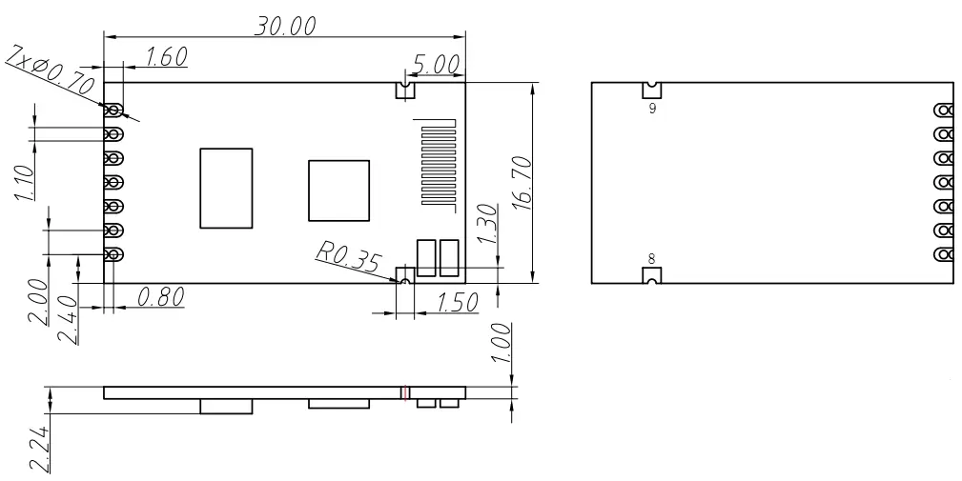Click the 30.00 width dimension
[x=284, y=26]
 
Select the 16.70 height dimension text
[x=521, y=184]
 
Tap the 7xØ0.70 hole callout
[x=51, y=73]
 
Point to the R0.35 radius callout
[x=347, y=257]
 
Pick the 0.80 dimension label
[x=160, y=297]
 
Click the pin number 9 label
[x=651, y=109]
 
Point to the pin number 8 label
[x=651, y=257]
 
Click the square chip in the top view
[x=338, y=190]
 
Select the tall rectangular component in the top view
[x=226, y=188]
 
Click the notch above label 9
[x=652, y=90]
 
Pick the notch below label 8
[x=652, y=275]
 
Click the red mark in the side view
[x=405, y=391]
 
